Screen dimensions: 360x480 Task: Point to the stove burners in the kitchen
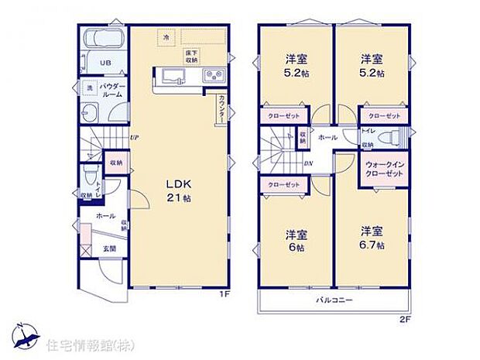pyautogui.click(x=213, y=75)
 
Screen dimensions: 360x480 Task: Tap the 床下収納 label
pyautogui.click(x=190, y=54)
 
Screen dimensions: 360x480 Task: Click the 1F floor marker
pyautogui.click(x=223, y=294)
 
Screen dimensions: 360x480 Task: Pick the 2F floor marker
pyautogui.click(x=403, y=318)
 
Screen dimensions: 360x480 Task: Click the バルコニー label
pyautogui.click(x=334, y=300)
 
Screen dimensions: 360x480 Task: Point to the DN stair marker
pyautogui.click(x=308, y=163)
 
